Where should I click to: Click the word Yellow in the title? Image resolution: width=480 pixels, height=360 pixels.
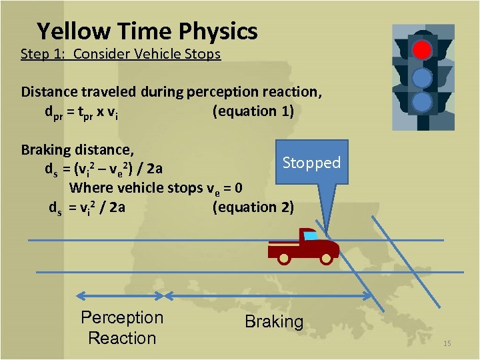(73, 31)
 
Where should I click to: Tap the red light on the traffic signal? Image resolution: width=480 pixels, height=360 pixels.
(421, 49)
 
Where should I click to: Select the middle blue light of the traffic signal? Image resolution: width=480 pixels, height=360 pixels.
(421, 78)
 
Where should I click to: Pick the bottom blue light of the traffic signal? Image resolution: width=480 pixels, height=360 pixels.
(421, 102)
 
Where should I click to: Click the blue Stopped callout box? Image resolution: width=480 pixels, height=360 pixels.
(311, 162)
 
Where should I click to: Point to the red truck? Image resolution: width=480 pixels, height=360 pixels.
(303, 247)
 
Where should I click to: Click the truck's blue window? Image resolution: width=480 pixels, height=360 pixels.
(310, 235)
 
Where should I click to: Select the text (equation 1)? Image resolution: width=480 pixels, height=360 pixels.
(253, 111)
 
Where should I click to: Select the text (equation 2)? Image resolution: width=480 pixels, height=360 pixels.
(253, 207)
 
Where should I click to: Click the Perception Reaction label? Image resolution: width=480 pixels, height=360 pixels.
(121, 327)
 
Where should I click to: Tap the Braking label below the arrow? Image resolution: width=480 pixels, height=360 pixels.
(274, 321)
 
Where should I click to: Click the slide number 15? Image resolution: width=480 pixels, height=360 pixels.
(447, 343)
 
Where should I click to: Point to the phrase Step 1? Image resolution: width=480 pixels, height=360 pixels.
(43, 54)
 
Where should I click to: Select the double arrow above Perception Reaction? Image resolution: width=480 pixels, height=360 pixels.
(121, 295)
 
